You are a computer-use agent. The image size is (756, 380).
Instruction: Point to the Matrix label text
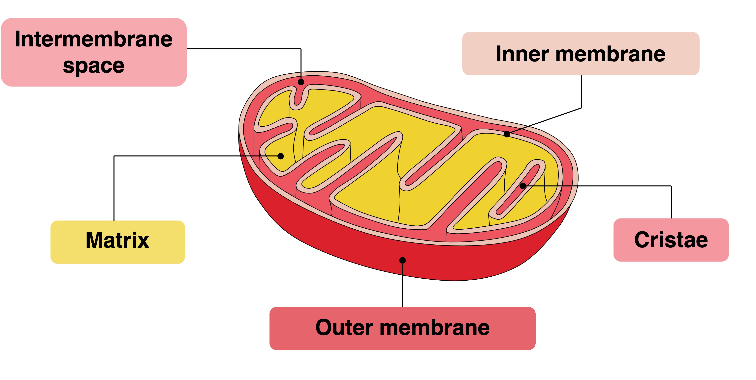pos(117,240)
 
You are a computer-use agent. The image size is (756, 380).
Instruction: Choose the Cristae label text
pos(671,240)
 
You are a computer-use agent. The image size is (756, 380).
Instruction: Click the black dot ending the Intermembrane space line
pos(301,82)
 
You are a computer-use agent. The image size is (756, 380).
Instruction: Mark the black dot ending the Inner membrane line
pos(507,134)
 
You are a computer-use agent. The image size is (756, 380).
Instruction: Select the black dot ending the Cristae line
pos(523,186)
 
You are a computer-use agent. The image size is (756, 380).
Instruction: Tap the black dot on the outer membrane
pos(403,260)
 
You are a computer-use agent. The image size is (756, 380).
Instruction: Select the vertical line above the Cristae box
pos(671,202)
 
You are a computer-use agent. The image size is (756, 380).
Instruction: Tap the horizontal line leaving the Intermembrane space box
pos(244,49)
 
